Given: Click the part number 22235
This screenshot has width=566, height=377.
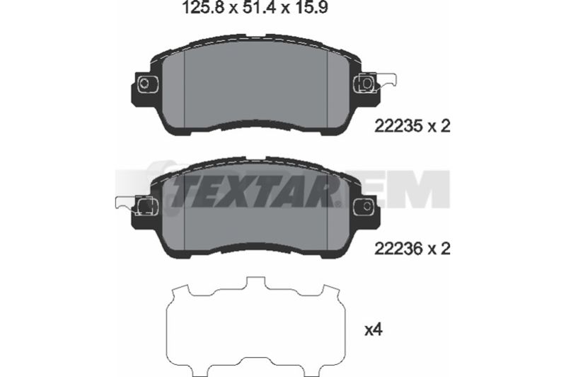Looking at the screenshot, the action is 398,126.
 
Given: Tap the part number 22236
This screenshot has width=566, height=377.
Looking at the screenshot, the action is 398,249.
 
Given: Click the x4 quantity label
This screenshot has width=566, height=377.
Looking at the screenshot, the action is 374,330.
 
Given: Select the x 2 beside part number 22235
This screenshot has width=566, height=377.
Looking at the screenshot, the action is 439,126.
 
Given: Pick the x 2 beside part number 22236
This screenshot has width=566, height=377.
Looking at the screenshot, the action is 439,249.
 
